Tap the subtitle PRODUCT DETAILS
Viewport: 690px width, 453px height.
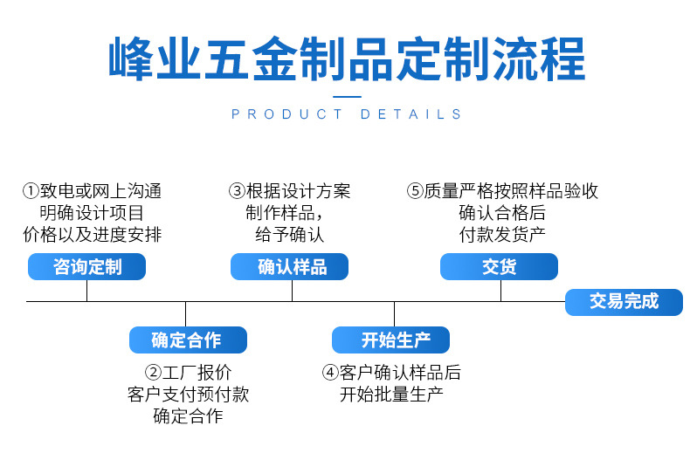(347, 114)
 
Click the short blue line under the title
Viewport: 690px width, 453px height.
(347, 96)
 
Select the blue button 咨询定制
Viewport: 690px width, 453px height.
(86, 267)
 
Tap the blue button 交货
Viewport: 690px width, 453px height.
(499, 267)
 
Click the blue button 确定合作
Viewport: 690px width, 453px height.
(186, 340)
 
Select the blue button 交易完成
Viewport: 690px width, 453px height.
(623, 302)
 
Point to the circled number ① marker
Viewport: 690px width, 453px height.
(31, 191)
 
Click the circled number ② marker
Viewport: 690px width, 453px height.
(153, 373)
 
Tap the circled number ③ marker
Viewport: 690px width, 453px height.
(237, 191)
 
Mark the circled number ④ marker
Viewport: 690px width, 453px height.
(330, 373)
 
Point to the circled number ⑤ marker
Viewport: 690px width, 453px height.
(415, 191)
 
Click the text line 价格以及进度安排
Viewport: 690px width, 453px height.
(92, 234)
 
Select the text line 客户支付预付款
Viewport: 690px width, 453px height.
(188, 395)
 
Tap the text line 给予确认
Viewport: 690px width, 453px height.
(289, 234)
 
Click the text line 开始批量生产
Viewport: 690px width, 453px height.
(391, 395)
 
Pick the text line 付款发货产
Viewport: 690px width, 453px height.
(501, 234)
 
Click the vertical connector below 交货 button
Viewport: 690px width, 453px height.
(500, 291)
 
